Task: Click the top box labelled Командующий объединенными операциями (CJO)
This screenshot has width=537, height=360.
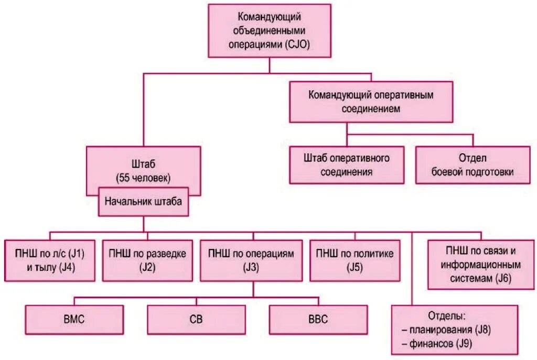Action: (269, 30)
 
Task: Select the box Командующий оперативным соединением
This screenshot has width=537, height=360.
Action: (371, 102)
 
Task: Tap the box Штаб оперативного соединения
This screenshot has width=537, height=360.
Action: (346, 165)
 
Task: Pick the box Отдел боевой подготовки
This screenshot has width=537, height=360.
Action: (472, 165)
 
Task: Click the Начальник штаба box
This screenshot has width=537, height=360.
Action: (143, 201)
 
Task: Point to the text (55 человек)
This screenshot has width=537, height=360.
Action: (143, 178)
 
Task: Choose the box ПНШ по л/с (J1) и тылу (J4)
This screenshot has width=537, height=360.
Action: (50, 260)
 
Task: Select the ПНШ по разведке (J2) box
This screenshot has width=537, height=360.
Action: (147, 260)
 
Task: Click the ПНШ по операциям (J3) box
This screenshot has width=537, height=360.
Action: (251, 260)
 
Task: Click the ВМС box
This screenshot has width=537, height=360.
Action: (73, 319)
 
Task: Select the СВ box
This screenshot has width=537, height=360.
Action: (196, 319)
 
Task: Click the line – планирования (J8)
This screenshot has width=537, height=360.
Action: (454, 330)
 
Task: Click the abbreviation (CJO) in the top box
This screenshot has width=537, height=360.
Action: (298, 44)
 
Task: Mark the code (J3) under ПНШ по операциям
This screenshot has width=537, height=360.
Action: (251, 267)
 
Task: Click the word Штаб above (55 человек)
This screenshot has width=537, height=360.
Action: (143, 163)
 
